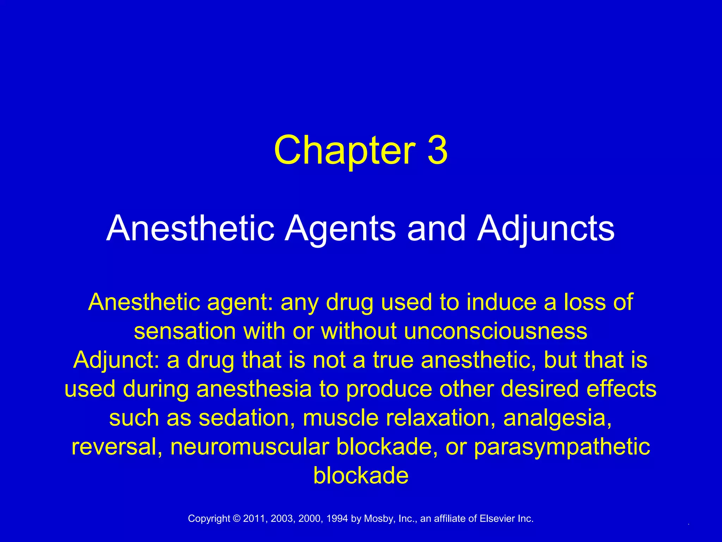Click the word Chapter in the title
point(345,150)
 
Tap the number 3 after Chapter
point(438,150)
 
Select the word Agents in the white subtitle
point(340,229)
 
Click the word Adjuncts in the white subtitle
point(546,229)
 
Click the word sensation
point(185,331)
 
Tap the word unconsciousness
point(495,331)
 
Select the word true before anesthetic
point(393,360)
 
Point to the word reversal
point(117,447)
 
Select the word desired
point(539,389)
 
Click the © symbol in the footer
point(237,518)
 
